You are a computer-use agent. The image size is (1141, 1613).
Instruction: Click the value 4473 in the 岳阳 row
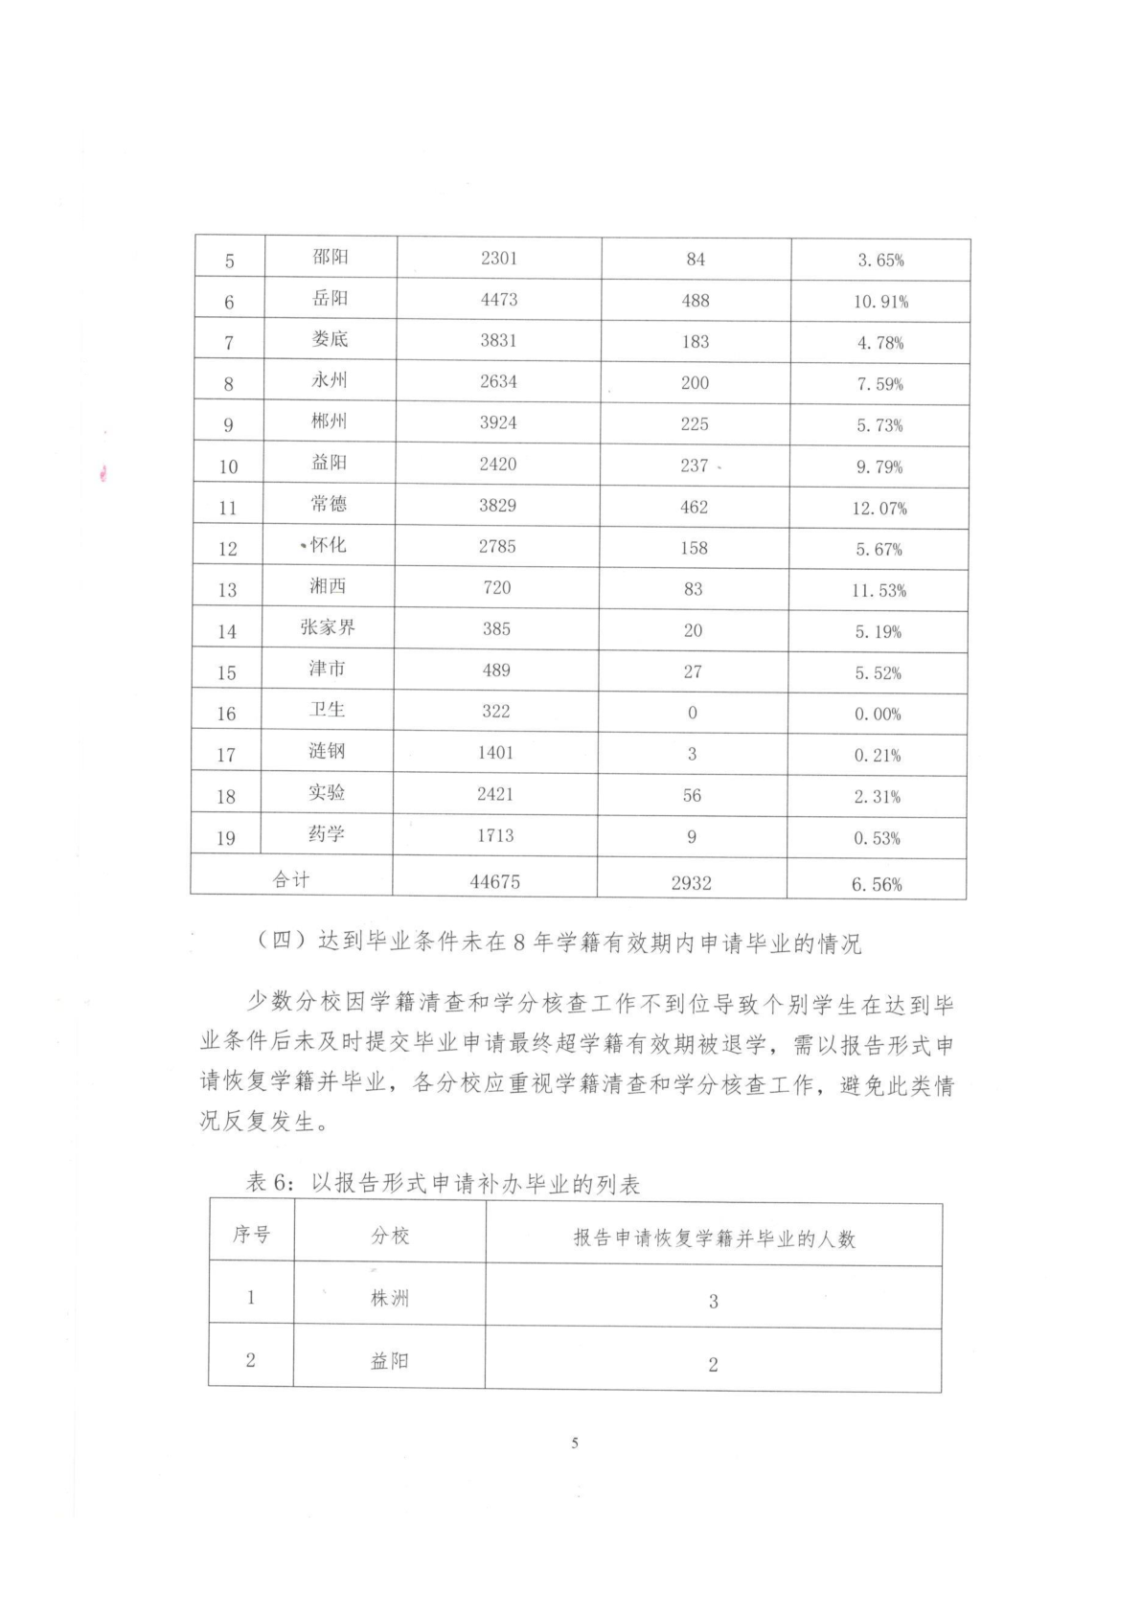[498, 300]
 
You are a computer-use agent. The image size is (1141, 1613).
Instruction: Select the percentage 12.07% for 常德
[879, 509]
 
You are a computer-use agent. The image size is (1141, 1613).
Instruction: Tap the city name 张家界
[328, 627]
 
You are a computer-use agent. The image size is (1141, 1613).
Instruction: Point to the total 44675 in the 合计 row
[495, 882]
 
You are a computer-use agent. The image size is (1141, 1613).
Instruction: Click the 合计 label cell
[291, 879]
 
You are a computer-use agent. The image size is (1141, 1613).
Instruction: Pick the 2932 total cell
[691, 883]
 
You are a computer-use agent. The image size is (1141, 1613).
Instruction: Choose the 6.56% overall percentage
[877, 885]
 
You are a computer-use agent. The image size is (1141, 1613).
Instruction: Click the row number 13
[227, 590]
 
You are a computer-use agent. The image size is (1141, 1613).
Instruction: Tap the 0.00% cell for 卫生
[878, 715]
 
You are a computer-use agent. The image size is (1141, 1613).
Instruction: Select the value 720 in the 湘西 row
[497, 587]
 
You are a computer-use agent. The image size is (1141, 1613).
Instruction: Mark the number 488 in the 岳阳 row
[696, 301]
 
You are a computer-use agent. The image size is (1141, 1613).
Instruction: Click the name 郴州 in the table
[329, 421]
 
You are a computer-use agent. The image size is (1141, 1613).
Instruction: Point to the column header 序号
[251, 1235]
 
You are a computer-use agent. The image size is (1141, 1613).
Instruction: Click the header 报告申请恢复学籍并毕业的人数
[714, 1238]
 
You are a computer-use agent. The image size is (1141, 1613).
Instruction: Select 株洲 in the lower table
[390, 1299]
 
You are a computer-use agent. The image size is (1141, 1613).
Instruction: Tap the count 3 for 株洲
[713, 1302]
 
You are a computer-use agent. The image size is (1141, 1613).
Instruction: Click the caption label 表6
[270, 1184]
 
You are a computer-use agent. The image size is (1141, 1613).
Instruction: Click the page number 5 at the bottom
[575, 1443]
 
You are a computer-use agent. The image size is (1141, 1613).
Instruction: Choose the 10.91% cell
[880, 302]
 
